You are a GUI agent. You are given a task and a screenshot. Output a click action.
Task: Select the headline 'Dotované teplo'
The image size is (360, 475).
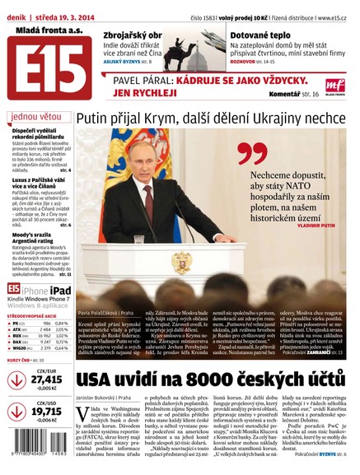tap(259, 36)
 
